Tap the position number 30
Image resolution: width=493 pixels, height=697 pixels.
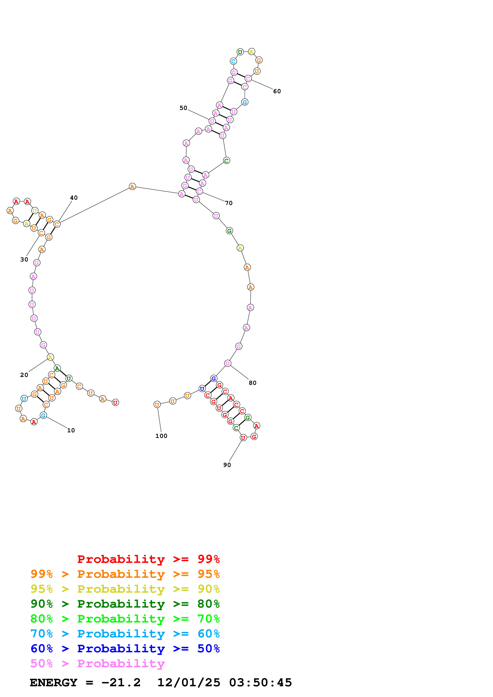[24, 259]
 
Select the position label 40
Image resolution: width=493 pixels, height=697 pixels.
[74, 198]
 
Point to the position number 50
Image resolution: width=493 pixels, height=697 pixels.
[183, 108]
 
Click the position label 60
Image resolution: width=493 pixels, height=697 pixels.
[277, 91]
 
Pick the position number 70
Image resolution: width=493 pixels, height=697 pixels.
[229, 203]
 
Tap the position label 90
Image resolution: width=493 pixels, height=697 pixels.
[227, 465]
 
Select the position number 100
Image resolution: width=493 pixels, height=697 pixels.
[161, 436]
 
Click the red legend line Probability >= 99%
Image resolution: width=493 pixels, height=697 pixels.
[148, 559]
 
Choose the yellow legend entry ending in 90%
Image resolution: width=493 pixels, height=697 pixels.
[125, 589]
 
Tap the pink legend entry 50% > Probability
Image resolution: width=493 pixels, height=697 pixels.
[97, 663]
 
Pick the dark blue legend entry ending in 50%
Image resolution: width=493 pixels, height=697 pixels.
[125, 649]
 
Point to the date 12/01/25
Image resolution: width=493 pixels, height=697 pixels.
[189, 682]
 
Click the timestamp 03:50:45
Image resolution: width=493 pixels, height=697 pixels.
[260, 682]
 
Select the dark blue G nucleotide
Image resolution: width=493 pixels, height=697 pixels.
[214, 378]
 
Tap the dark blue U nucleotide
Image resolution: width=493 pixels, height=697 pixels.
[202, 389]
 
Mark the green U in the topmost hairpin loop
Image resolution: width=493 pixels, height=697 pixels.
[240, 52]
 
